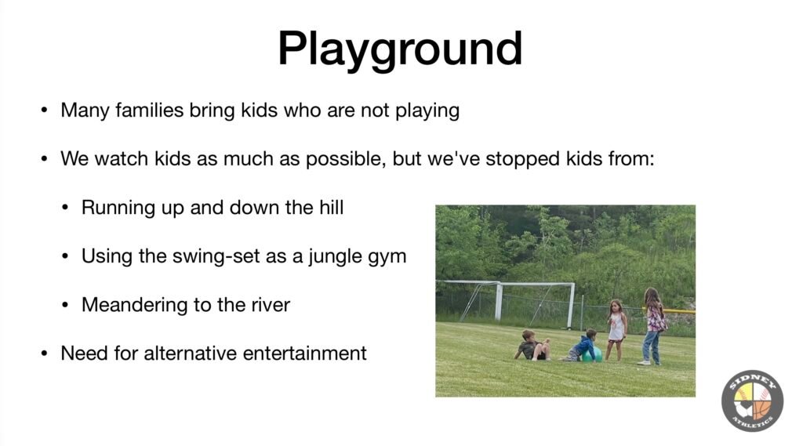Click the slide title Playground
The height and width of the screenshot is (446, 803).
tap(400, 50)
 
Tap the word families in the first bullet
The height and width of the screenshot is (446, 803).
tap(149, 110)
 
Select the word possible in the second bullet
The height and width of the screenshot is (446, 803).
tap(346, 159)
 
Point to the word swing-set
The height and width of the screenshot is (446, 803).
tap(216, 256)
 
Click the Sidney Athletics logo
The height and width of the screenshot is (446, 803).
tap(752, 401)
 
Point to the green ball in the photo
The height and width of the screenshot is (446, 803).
tap(593, 354)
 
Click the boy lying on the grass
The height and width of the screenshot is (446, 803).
tap(532, 346)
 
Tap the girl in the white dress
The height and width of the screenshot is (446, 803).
tap(616, 329)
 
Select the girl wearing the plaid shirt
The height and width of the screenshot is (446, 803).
tap(653, 326)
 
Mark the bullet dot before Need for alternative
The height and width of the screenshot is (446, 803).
tap(45, 354)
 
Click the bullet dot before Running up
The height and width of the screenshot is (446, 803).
tap(65, 208)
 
